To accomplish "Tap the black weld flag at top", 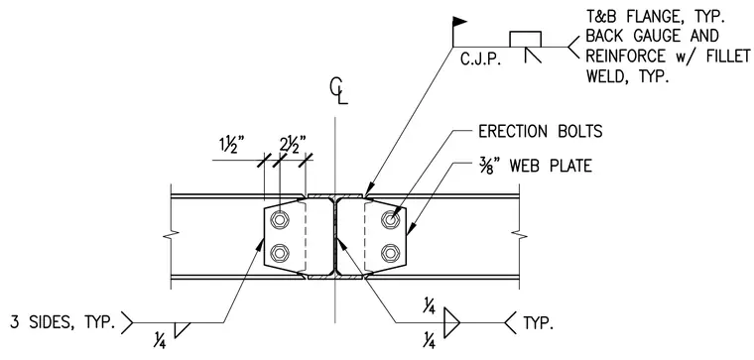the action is [x=459, y=21].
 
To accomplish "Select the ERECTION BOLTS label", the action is [x=540, y=131].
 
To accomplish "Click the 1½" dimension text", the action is [x=230, y=145].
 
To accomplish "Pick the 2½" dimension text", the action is [x=293, y=145].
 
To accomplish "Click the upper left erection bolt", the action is [x=280, y=220].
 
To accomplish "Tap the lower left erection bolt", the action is [x=280, y=252].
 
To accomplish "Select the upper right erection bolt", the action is [x=390, y=220].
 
